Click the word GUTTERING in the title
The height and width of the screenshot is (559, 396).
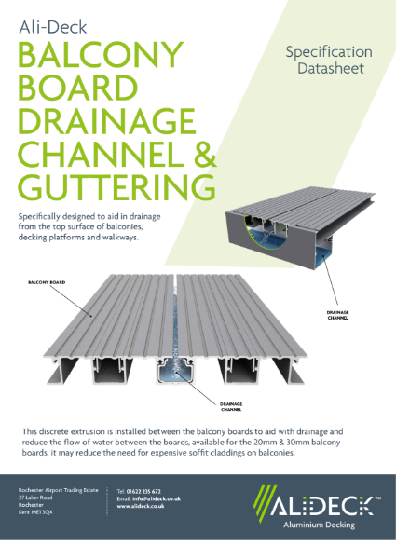(116, 185)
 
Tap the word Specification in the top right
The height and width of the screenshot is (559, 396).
(329, 51)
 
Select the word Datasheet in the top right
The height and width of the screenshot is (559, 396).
(329, 69)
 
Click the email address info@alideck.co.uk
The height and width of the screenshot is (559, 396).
(148, 499)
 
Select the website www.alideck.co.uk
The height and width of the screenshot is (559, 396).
(143, 508)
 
